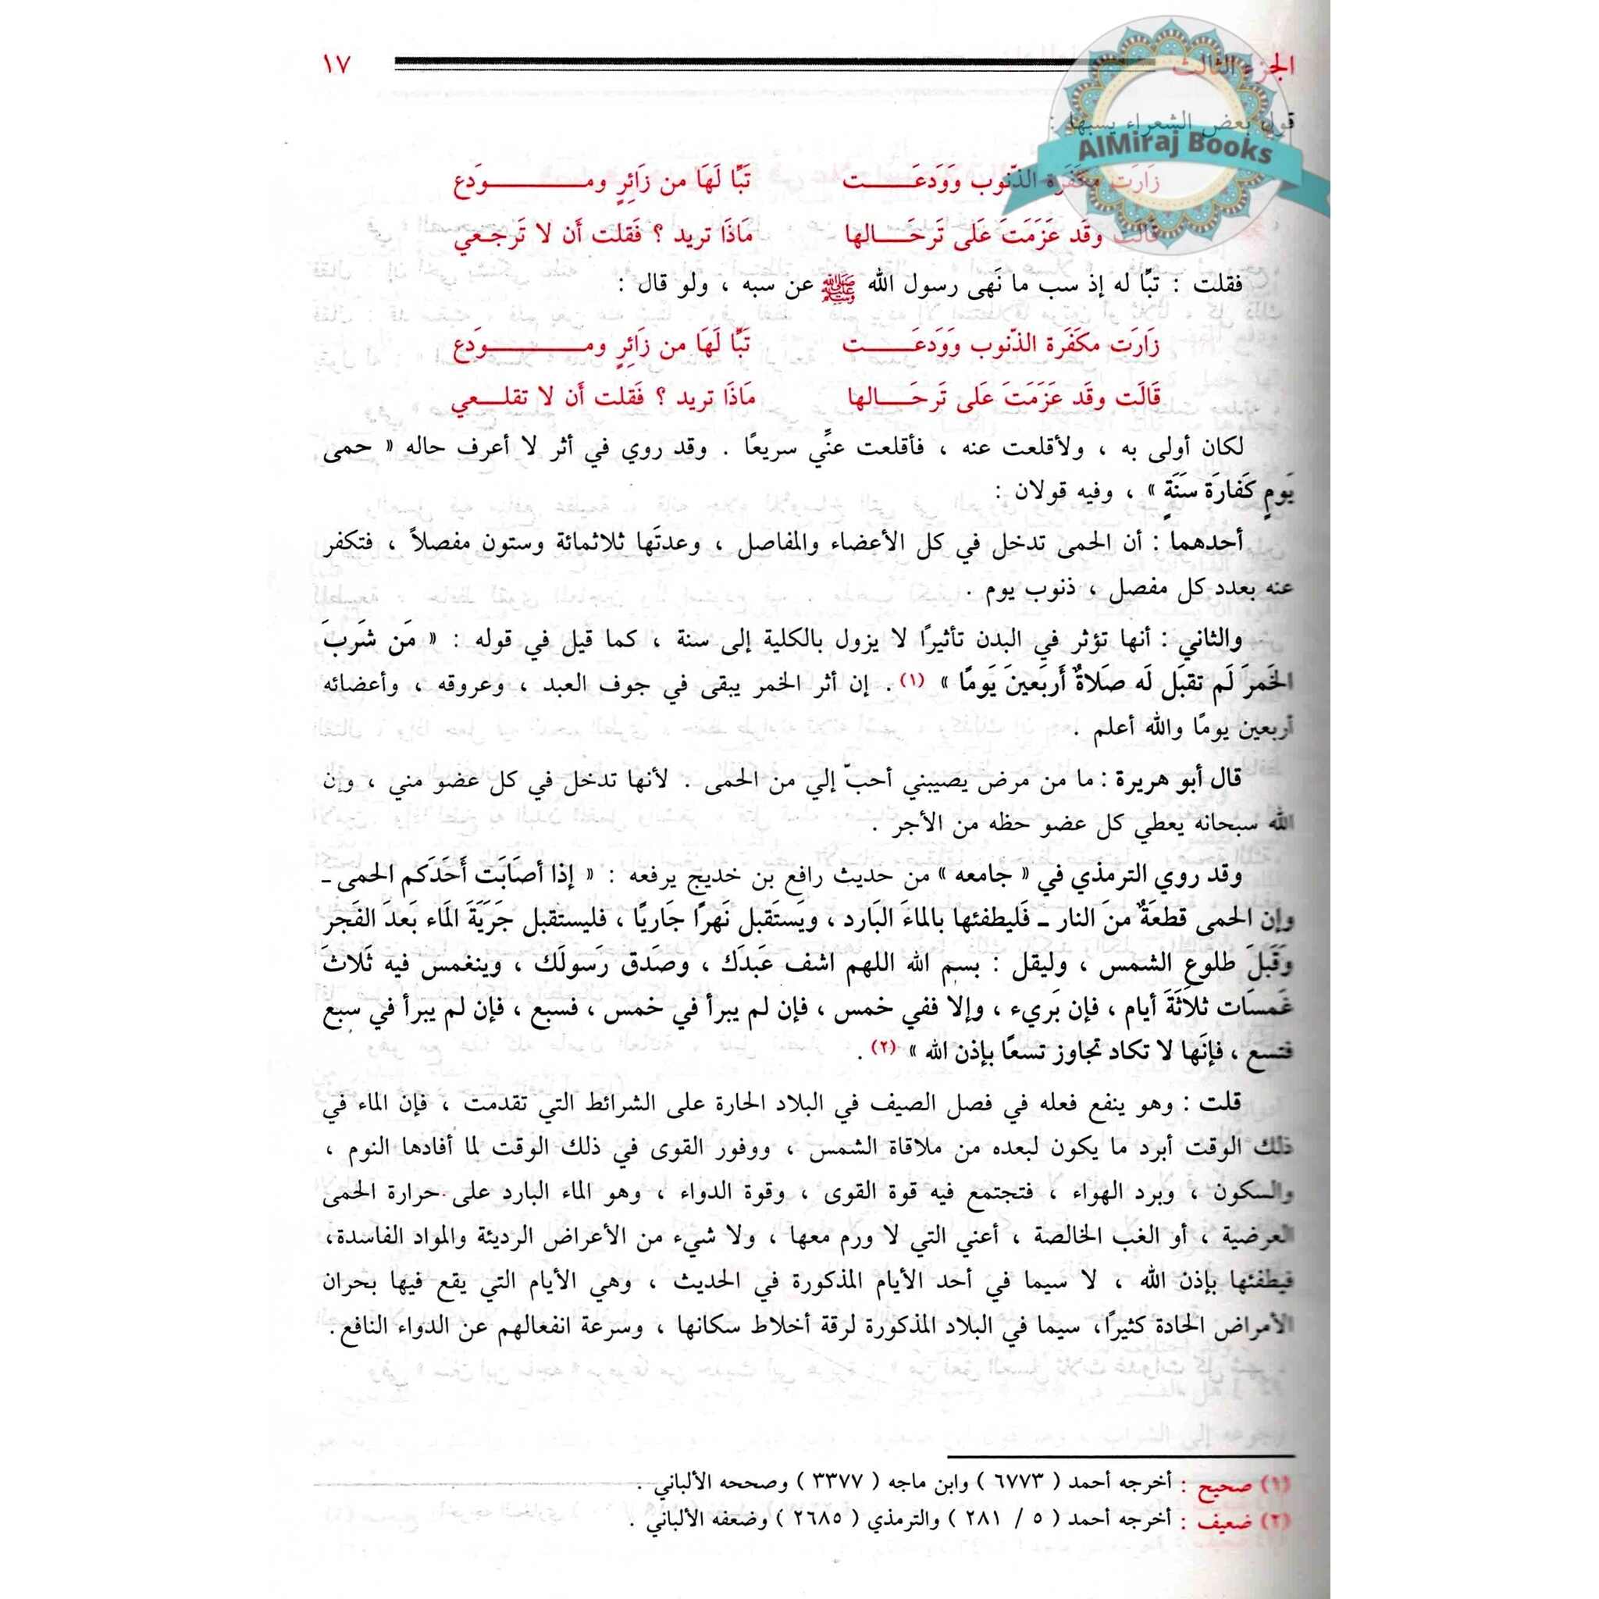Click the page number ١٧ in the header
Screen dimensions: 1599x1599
(x=337, y=66)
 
